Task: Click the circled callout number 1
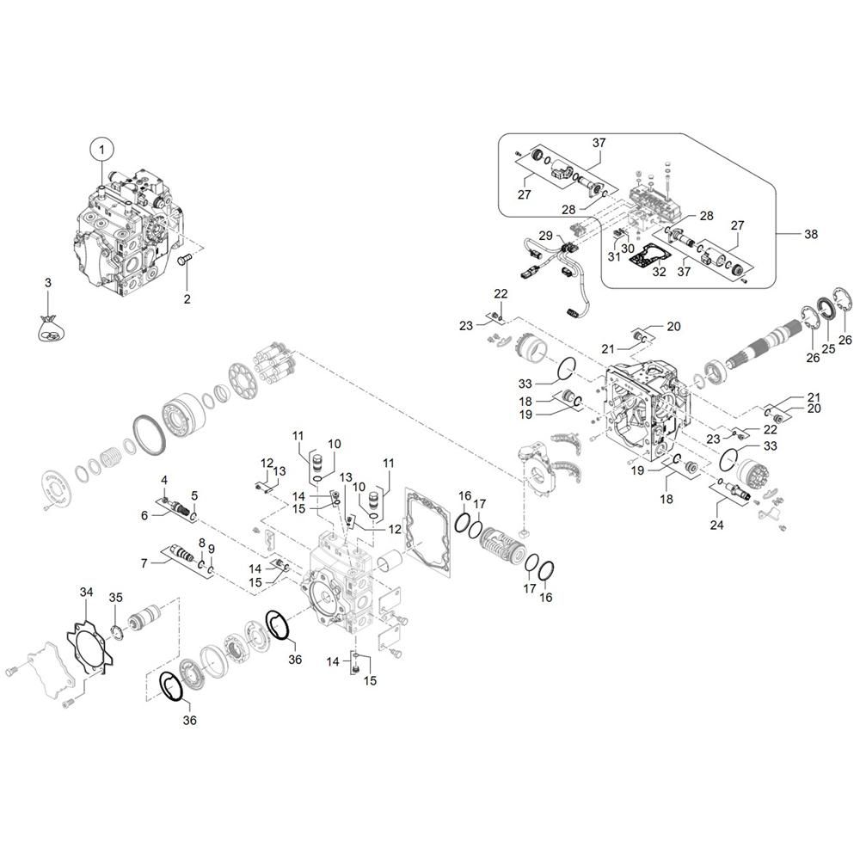click(101, 149)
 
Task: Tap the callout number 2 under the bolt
click(187, 299)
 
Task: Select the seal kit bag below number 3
click(50, 329)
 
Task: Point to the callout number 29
click(545, 236)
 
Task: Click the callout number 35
click(116, 598)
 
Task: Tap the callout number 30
click(628, 249)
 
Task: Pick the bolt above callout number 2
click(185, 258)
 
